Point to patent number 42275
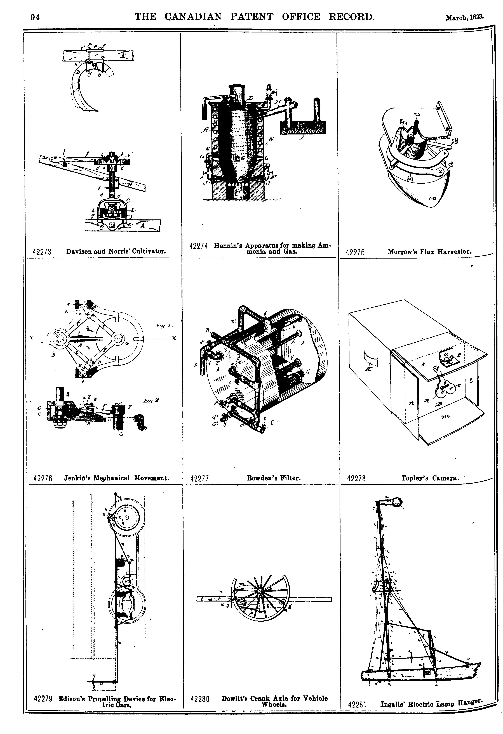[355, 252]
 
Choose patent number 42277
[199, 479]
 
